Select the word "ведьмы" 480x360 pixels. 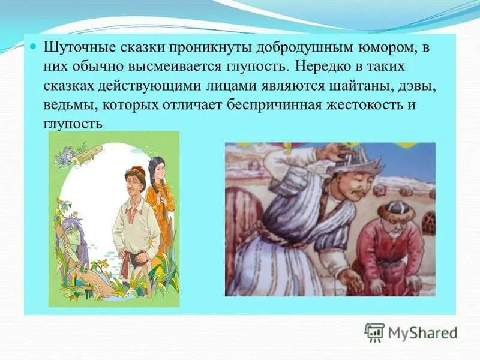(67, 104)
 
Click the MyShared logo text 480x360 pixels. (422, 332)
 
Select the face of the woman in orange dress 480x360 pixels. (155, 167)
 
